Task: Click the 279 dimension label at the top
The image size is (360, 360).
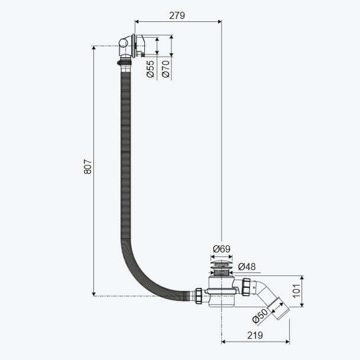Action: (177, 15)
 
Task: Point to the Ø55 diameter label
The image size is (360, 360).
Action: (151, 69)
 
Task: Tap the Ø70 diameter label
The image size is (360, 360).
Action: (166, 69)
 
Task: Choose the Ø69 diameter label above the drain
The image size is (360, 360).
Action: (221, 249)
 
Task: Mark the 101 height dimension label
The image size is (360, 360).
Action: (296, 290)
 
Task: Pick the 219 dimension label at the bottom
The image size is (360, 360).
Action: (255, 334)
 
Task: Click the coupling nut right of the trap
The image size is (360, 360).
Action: (247, 286)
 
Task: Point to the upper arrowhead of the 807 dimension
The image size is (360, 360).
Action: (93, 48)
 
